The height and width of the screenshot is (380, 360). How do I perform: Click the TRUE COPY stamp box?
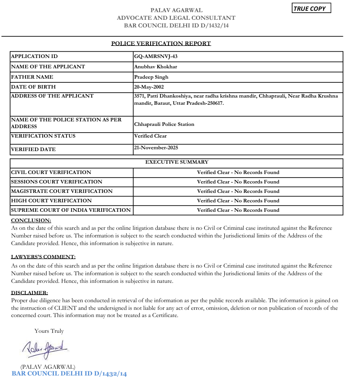pos(311,9)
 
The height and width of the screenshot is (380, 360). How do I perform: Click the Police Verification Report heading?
pos(161,44)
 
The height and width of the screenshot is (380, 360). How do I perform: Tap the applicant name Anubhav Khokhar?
pos(156,67)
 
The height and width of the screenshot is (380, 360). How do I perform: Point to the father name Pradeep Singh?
pos(151,77)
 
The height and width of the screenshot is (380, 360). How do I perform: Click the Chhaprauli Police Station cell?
pos(164,124)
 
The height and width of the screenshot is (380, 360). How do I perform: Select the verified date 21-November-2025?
pos(156,148)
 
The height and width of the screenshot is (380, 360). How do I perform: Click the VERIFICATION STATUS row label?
pos(43,136)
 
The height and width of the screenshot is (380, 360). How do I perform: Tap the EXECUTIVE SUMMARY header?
pos(177,162)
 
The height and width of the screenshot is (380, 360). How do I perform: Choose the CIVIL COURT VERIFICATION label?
pos(51,172)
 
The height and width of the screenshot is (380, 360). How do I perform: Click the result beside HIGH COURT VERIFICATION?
pos(238,201)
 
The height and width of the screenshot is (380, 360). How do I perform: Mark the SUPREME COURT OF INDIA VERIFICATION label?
pos(71,210)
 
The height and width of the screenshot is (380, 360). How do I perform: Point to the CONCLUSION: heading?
pos(31,220)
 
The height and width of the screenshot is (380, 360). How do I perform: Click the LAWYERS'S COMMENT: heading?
pos(43,257)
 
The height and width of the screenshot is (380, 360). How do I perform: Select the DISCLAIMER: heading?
pos(29,293)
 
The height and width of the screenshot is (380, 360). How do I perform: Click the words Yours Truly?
pos(49,331)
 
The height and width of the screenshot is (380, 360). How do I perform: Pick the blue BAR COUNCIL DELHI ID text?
pos(69,374)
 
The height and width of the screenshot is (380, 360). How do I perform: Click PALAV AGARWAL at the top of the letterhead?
pos(176,10)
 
